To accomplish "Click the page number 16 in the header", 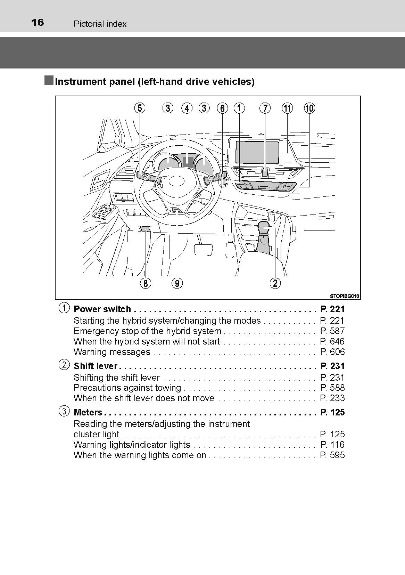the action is (38, 23).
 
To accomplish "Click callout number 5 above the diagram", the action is (140, 108).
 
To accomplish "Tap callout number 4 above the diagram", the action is (187, 108).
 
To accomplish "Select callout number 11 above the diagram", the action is (287, 108).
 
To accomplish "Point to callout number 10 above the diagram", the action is (309, 108).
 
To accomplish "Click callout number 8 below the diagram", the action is (146, 283).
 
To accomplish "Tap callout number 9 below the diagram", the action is (177, 283).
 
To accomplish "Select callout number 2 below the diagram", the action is (275, 283).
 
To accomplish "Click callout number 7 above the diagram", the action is (265, 108).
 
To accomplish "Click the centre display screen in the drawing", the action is (257, 153).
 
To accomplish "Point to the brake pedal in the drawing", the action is (204, 250).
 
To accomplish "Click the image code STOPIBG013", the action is (344, 296).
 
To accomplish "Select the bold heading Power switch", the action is (102, 309).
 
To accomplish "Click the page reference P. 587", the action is (332, 331).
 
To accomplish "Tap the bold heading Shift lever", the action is (96, 366).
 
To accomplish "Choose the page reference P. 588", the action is (332, 388).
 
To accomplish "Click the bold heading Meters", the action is (88, 412).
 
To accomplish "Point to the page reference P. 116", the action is (332, 445).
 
